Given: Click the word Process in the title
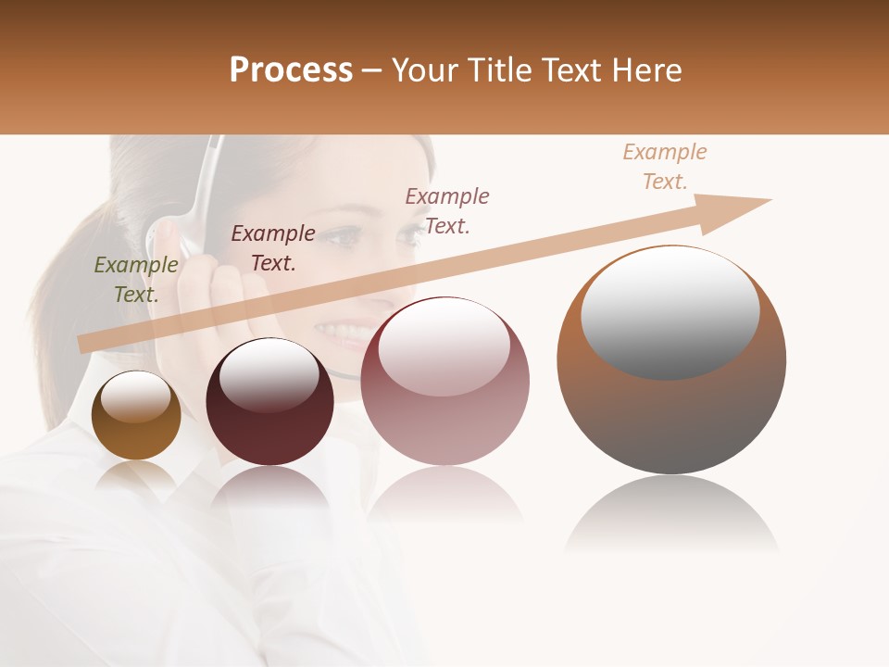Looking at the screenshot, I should coord(291,70).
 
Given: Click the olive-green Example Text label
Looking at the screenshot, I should coord(135,280).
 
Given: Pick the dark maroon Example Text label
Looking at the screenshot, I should coord(273,248).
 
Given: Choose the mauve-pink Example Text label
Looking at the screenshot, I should coord(447,211).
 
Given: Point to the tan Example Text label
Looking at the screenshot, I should coord(664,167).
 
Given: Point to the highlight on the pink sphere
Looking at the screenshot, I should coord(444,346).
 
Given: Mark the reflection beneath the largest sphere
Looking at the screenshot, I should coord(671,514).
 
